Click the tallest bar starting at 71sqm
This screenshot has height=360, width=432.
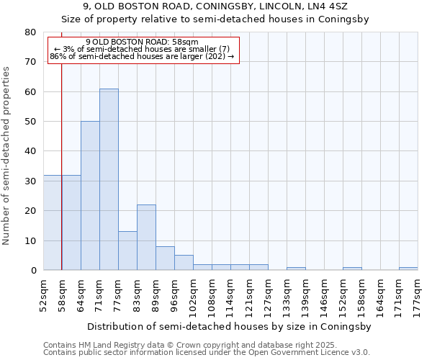pyautogui.click(x=109, y=179)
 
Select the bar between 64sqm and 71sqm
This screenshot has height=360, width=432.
pyautogui.click(x=90, y=196)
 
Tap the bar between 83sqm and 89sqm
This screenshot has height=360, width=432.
pyautogui.click(x=146, y=238)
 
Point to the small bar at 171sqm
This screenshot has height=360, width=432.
pyautogui.click(x=408, y=269)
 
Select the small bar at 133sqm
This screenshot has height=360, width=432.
pyautogui.click(x=296, y=269)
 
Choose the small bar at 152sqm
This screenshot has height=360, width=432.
pyautogui.click(x=352, y=269)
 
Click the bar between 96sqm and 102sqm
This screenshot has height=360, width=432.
pyautogui.click(x=184, y=263)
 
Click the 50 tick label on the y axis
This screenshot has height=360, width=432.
pyautogui.click(x=30, y=122)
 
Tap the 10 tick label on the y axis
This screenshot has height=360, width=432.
pyautogui.click(x=30, y=240)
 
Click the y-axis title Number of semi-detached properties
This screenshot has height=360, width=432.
pyautogui.click(x=6, y=156)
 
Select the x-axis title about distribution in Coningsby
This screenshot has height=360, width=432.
pyautogui.click(x=230, y=326)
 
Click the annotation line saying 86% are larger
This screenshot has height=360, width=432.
pyautogui.click(x=142, y=56)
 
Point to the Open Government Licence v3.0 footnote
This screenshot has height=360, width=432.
pyautogui.click(x=207, y=353)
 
